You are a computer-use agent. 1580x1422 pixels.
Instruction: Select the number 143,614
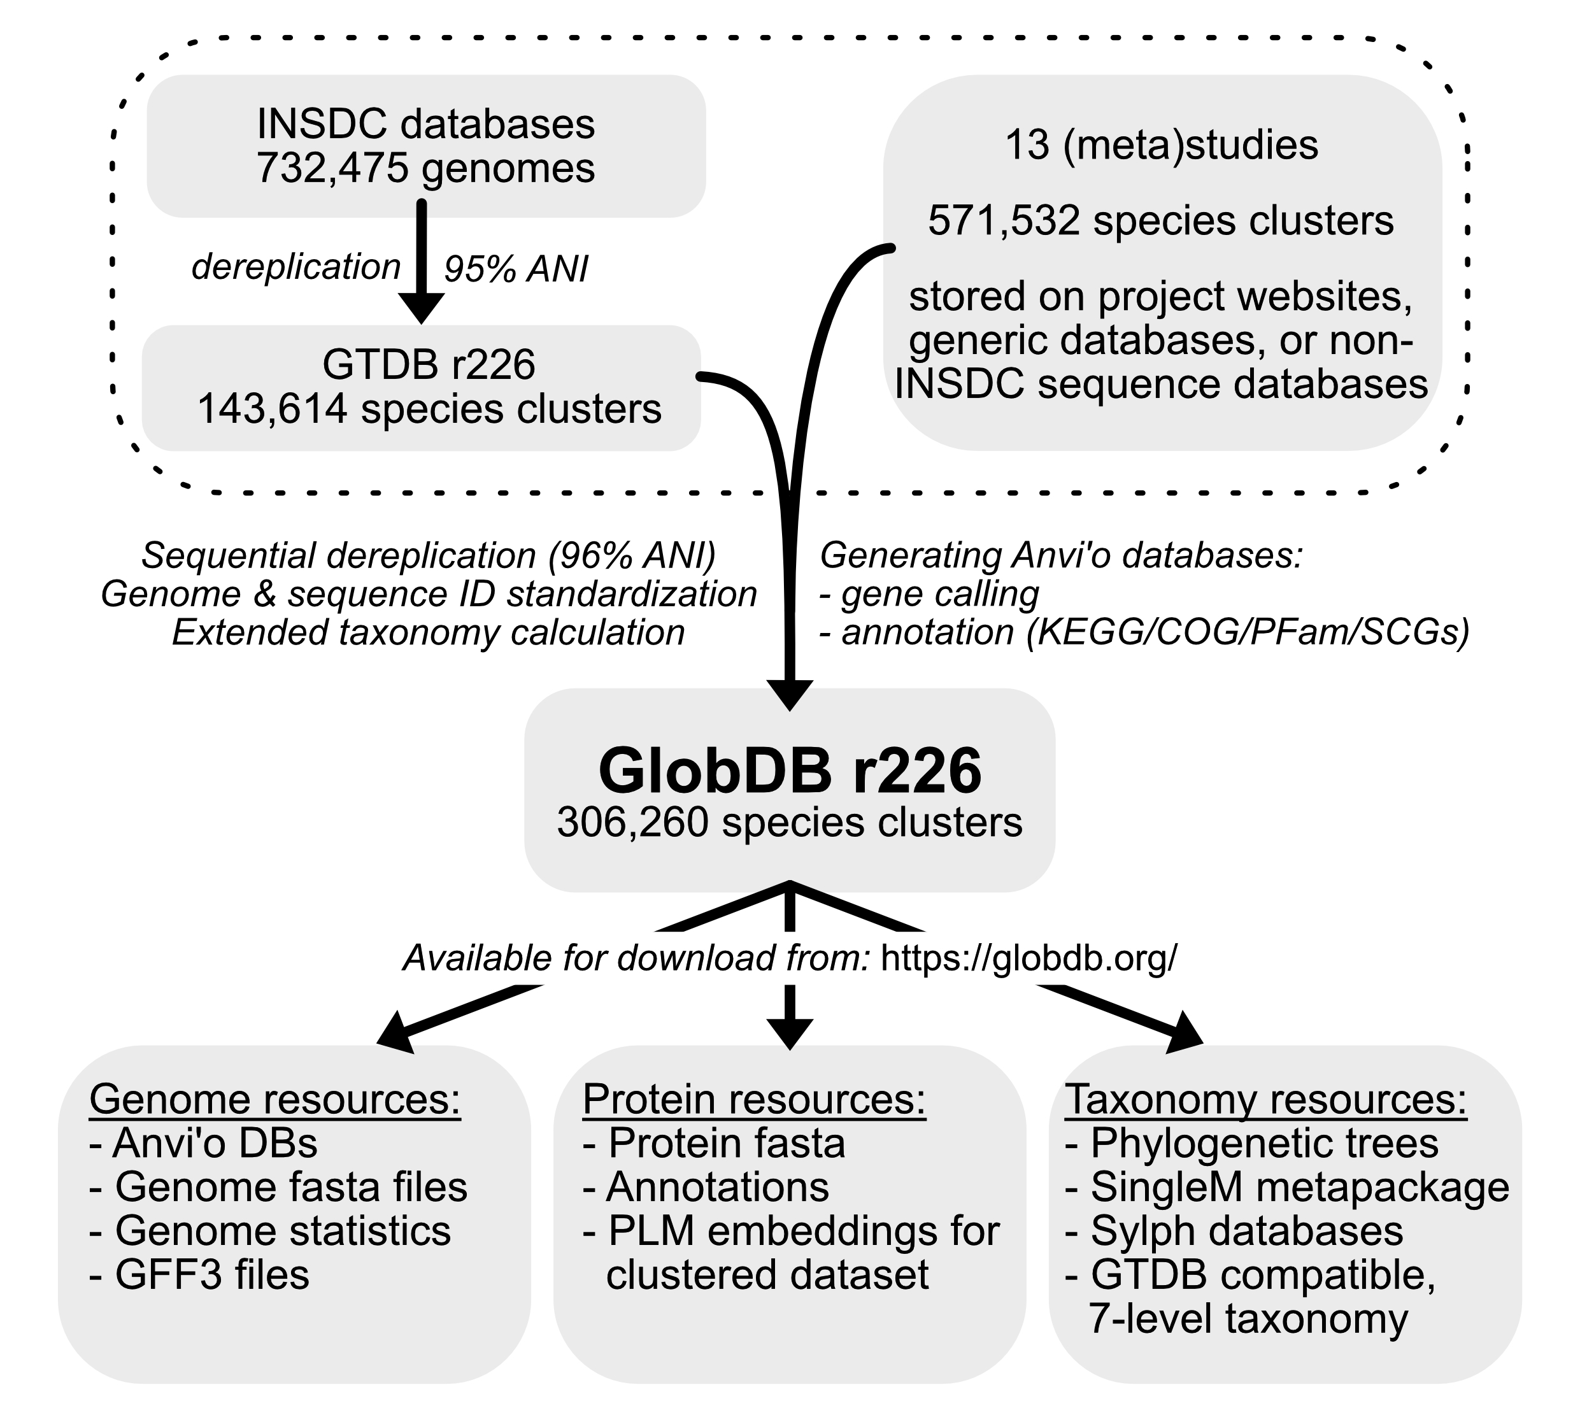(272, 409)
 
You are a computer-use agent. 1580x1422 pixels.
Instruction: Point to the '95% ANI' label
(516, 269)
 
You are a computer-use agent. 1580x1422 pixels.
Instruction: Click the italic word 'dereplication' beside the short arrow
(296, 267)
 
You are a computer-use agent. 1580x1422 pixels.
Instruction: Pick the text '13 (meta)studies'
(1161, 145)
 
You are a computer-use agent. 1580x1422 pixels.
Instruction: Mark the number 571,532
(1003, 221)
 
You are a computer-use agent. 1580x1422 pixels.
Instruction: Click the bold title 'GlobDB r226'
(789, 771)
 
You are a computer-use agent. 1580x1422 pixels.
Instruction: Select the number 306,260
(632, 823)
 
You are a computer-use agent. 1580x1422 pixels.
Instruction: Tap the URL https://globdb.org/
(1028, 958)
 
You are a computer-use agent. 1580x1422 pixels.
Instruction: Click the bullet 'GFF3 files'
(211, 1275)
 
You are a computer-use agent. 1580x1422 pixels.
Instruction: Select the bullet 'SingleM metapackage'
(1299, 1188)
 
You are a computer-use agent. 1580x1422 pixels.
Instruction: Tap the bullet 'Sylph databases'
(1246, 1232)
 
